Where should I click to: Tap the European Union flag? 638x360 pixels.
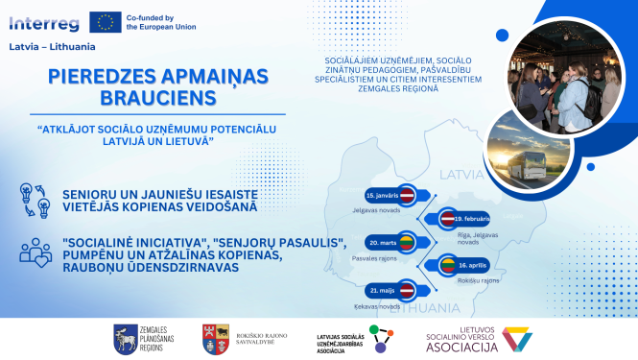(105, 22)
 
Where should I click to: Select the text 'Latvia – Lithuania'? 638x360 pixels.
(46, 46)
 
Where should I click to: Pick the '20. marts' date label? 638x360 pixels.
(381, 242)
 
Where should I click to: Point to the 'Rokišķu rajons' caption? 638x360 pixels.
(477, 281)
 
